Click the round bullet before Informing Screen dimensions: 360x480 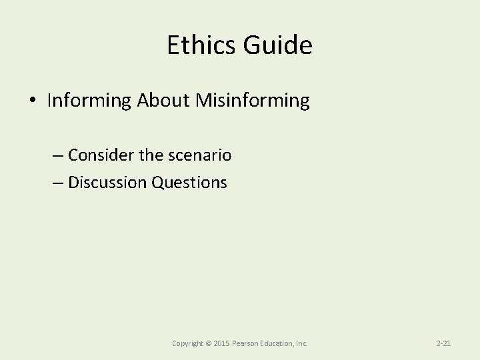(33, 101)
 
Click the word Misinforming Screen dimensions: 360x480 (253, 101)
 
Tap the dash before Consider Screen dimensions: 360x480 (57, 156)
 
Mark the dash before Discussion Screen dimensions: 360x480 (57, 182)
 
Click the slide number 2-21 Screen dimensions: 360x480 (443, 343)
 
